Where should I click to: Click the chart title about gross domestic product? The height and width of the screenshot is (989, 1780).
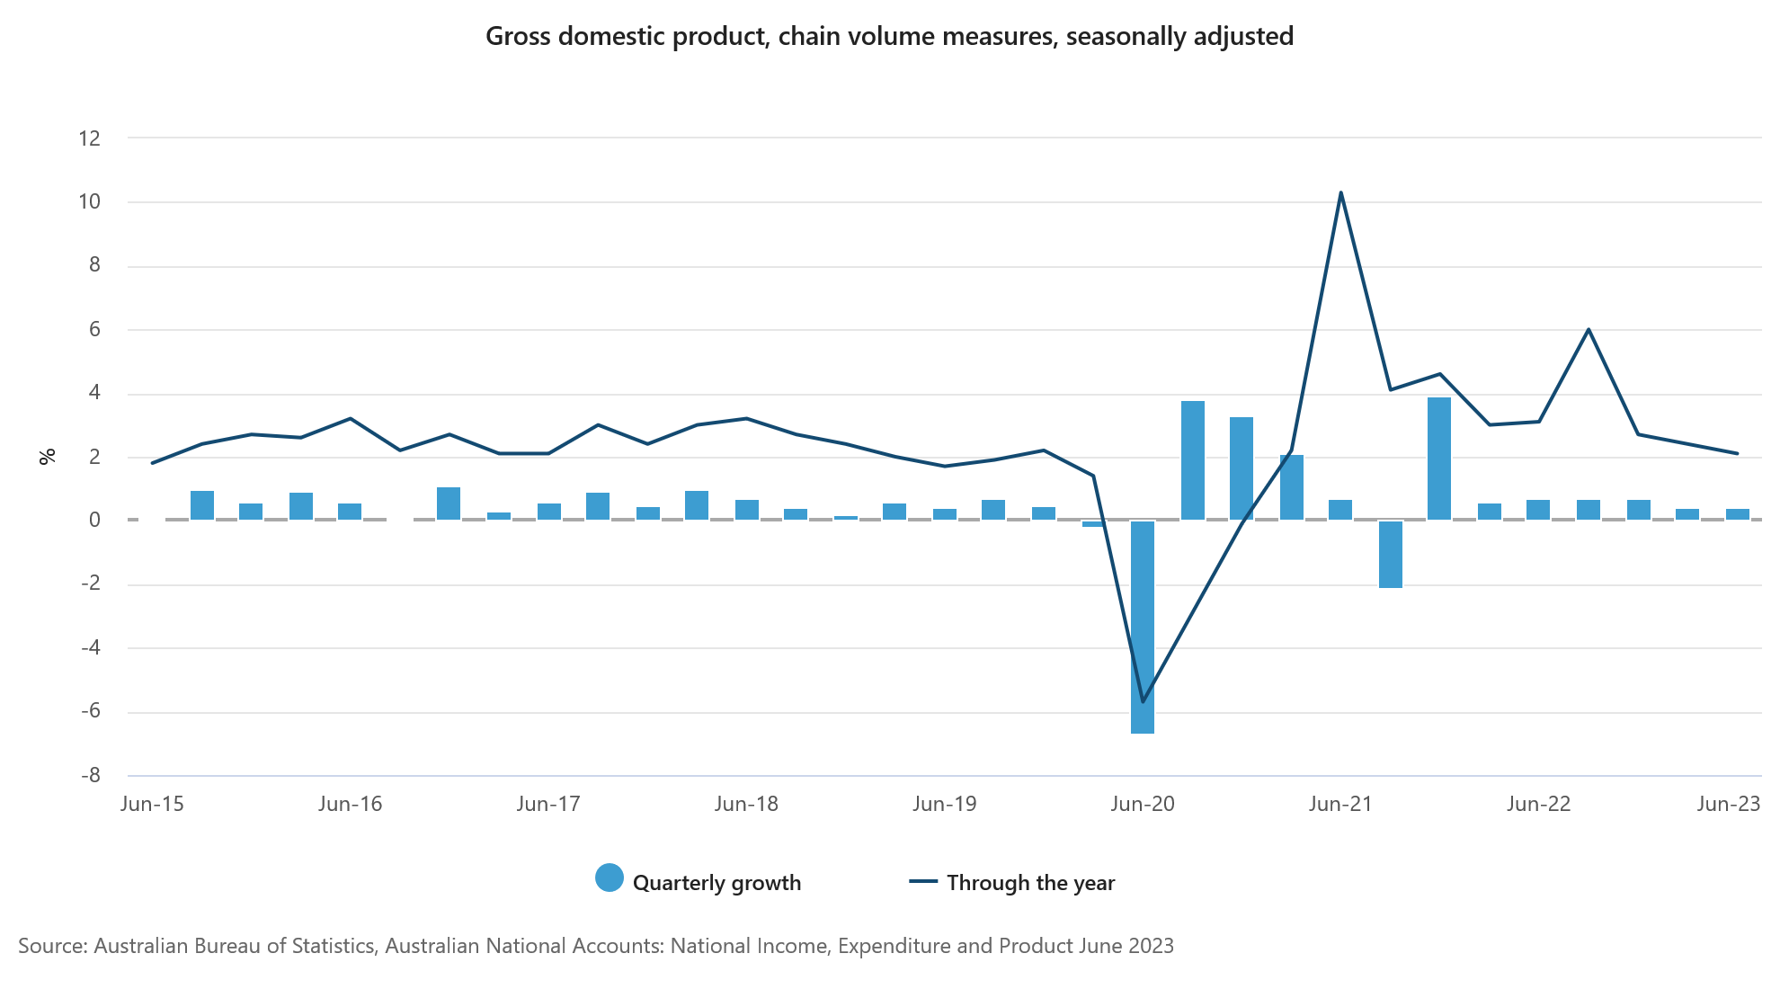889,37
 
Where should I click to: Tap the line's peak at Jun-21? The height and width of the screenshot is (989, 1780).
1340,193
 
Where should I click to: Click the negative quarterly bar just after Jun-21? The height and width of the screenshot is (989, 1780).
1390,554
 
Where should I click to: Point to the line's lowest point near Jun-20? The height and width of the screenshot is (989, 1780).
1143,701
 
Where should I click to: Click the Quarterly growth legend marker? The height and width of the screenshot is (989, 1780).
610,878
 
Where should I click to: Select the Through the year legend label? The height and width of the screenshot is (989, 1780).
1030,883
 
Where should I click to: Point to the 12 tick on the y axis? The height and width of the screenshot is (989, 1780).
90,138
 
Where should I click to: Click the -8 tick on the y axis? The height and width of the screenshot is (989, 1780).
90,775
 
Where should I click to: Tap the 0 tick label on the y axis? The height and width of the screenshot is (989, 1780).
94,521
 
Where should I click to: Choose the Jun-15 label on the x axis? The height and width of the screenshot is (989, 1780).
152,804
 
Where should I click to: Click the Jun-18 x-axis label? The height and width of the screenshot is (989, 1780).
746,804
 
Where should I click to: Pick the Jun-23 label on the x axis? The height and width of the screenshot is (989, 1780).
1728,804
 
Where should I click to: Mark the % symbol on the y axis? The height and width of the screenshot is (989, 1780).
48,456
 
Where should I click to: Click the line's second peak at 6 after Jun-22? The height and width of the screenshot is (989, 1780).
1589,329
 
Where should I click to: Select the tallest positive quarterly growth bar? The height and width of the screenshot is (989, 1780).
1439,459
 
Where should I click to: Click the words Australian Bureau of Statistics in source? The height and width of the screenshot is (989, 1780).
234,946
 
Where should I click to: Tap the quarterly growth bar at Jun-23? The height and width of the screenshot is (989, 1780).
1737,514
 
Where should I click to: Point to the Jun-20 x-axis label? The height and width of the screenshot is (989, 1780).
1143,804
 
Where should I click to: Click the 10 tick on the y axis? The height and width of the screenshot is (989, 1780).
90,202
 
